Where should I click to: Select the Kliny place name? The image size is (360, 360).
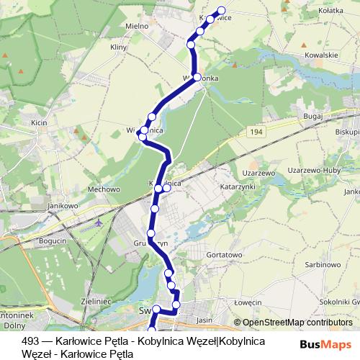[118, 48]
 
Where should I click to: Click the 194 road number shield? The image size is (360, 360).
[257, 133]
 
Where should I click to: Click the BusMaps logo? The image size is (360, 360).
[325, 345]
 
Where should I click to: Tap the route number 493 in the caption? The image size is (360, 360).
[30, 341]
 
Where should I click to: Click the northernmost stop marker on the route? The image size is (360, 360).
[221, 11]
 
